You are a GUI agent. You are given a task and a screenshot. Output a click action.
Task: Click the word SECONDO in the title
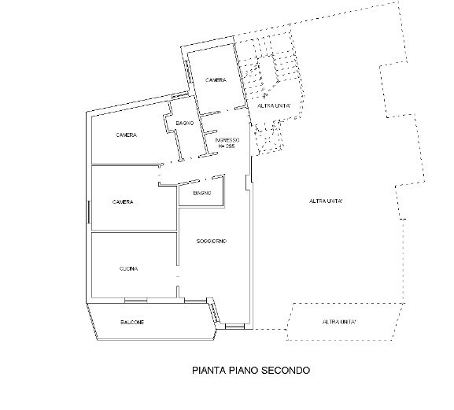286,371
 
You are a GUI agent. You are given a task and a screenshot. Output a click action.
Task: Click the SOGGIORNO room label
212,241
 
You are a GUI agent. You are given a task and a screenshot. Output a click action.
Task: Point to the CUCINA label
128,268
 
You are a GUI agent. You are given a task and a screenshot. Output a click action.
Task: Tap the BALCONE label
132,323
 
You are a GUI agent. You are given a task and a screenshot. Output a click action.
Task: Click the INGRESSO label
227,140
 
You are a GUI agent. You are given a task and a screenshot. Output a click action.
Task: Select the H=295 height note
227,146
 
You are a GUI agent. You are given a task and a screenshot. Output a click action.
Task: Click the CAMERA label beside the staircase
216,80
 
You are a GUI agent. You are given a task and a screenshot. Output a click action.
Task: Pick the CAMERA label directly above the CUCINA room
123,201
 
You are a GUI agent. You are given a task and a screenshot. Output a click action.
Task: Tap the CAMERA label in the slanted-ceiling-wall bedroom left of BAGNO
126,135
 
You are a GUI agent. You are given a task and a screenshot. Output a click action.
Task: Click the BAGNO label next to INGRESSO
185,124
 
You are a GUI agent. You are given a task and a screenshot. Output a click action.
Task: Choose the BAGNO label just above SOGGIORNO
202,193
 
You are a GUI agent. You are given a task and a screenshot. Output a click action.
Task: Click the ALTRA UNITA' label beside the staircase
274,106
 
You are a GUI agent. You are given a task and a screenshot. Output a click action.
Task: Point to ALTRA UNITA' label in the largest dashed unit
326,201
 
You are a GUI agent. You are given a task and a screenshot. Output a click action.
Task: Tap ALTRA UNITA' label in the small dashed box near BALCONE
339,322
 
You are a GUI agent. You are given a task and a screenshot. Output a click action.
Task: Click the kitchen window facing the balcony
135,301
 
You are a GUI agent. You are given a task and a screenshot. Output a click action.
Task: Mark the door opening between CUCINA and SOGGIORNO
178,276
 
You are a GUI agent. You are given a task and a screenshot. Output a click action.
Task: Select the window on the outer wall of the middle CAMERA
89,212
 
